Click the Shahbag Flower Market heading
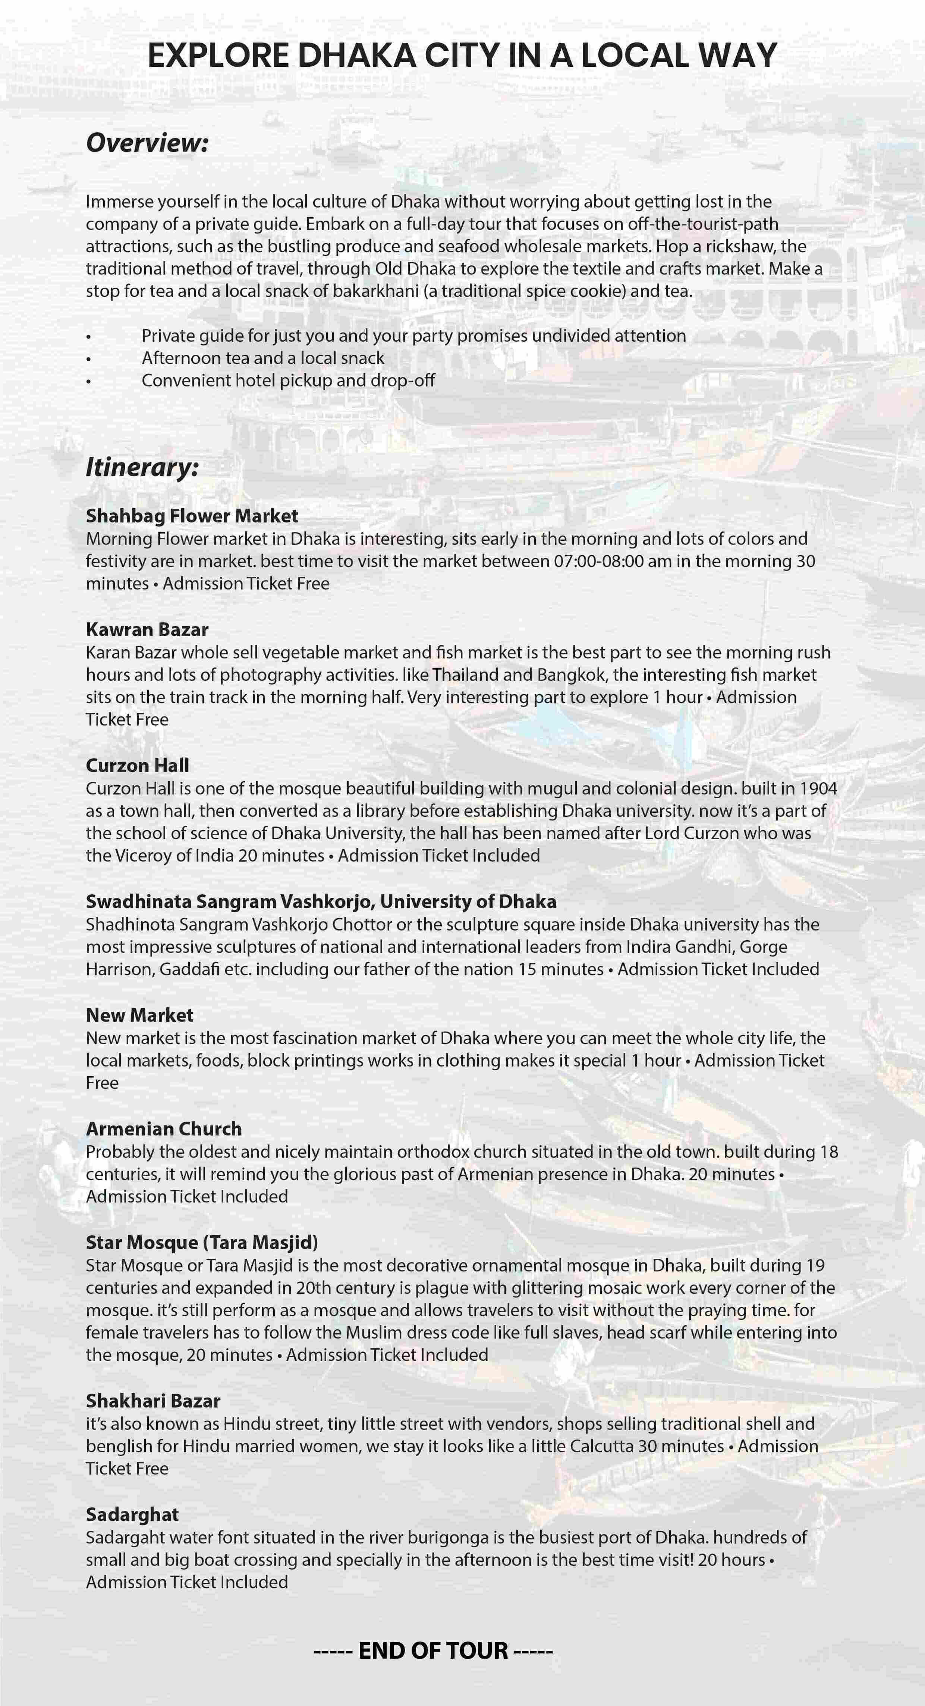pos(192,515)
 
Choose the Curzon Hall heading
pos(137,765)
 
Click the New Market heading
pos(139,1015)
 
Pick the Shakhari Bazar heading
pos(153,1401)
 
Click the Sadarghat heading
pos(132,1514)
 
